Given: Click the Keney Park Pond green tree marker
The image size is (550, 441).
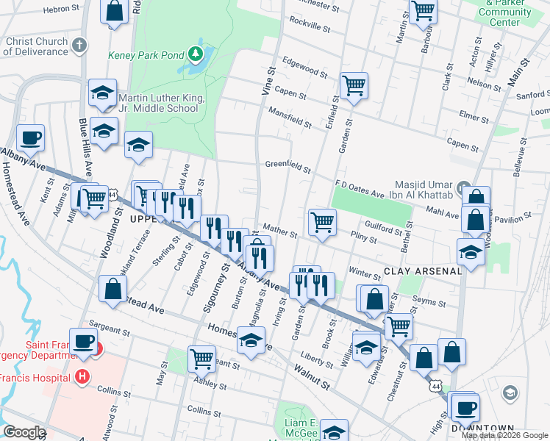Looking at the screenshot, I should pos(195,54).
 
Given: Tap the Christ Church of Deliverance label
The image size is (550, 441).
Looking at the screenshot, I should pos(37,46).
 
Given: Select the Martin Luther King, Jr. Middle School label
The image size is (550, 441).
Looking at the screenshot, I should pos(159,102).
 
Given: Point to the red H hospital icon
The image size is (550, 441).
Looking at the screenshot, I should pos(82,377).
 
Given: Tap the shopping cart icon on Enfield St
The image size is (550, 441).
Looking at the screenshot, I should pos(354,85).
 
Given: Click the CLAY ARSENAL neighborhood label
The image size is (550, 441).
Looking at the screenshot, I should pos(423,271).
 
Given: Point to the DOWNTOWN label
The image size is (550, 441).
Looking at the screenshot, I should pos(482,429).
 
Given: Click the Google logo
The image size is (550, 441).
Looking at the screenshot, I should pos(24,432).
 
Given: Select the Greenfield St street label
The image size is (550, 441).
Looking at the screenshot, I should pos(287,166).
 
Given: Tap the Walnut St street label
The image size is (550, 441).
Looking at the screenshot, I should pos(312,374).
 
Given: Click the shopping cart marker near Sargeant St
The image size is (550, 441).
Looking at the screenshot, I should pos(201,359).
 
